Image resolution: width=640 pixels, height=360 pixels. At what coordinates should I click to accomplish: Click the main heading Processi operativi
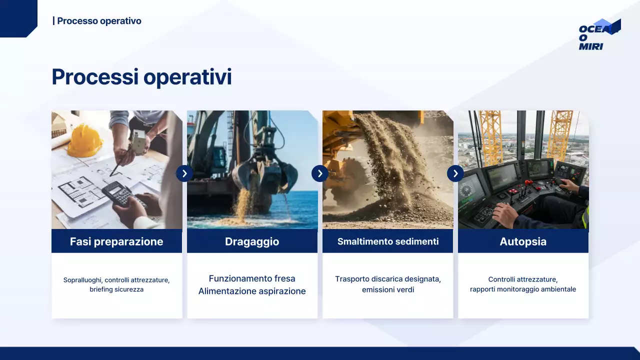click(141, 77)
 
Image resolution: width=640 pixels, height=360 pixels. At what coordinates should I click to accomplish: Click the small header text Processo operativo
click(98, 21)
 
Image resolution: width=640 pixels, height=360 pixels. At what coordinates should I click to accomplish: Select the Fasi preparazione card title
click(116, 241)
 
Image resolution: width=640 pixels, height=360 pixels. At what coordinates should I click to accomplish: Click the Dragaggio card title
click(252, 241)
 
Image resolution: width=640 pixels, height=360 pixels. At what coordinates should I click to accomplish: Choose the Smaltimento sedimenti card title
click(388, 241)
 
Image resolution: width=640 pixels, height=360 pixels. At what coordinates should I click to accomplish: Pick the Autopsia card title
click(523, 241)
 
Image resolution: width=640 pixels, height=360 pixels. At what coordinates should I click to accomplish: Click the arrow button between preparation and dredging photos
click(184, 173)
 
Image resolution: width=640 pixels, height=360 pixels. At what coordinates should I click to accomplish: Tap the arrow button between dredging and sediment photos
click(320, 173)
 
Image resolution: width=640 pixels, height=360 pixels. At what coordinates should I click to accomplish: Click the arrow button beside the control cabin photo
click(455, 173)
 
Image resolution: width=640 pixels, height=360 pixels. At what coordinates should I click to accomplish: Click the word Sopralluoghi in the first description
click(82, 280)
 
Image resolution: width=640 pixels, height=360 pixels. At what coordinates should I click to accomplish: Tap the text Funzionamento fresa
click(252, 278)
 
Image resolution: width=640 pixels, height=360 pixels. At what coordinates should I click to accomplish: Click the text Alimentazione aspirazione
click(252, 291)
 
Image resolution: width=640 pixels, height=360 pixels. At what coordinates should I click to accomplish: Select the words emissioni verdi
click(388, 289)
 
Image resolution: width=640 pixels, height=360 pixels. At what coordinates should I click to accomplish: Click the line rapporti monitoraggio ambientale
click(523, 289)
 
